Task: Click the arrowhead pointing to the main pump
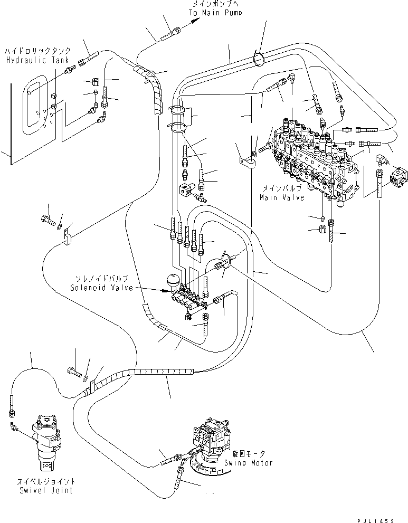click(195, 21)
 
